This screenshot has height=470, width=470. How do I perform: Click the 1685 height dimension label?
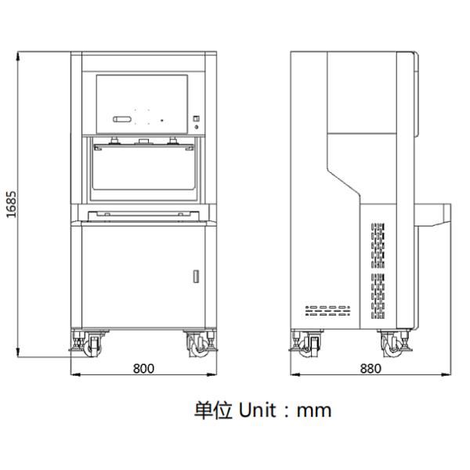click(12, 204)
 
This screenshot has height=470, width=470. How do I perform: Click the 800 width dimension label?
click(143, 368)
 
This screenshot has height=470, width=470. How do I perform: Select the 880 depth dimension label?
click(371, 368)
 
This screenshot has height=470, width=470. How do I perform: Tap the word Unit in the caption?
click(257, 410)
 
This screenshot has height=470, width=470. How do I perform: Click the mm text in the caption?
click(314, 411)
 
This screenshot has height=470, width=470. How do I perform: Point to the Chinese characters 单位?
click(213, 410)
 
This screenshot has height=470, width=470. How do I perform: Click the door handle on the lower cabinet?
click(196, 277)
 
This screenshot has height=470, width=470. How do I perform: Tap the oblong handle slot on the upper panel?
click(122, 119)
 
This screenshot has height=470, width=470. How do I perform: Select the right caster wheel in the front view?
click(197, 347)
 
